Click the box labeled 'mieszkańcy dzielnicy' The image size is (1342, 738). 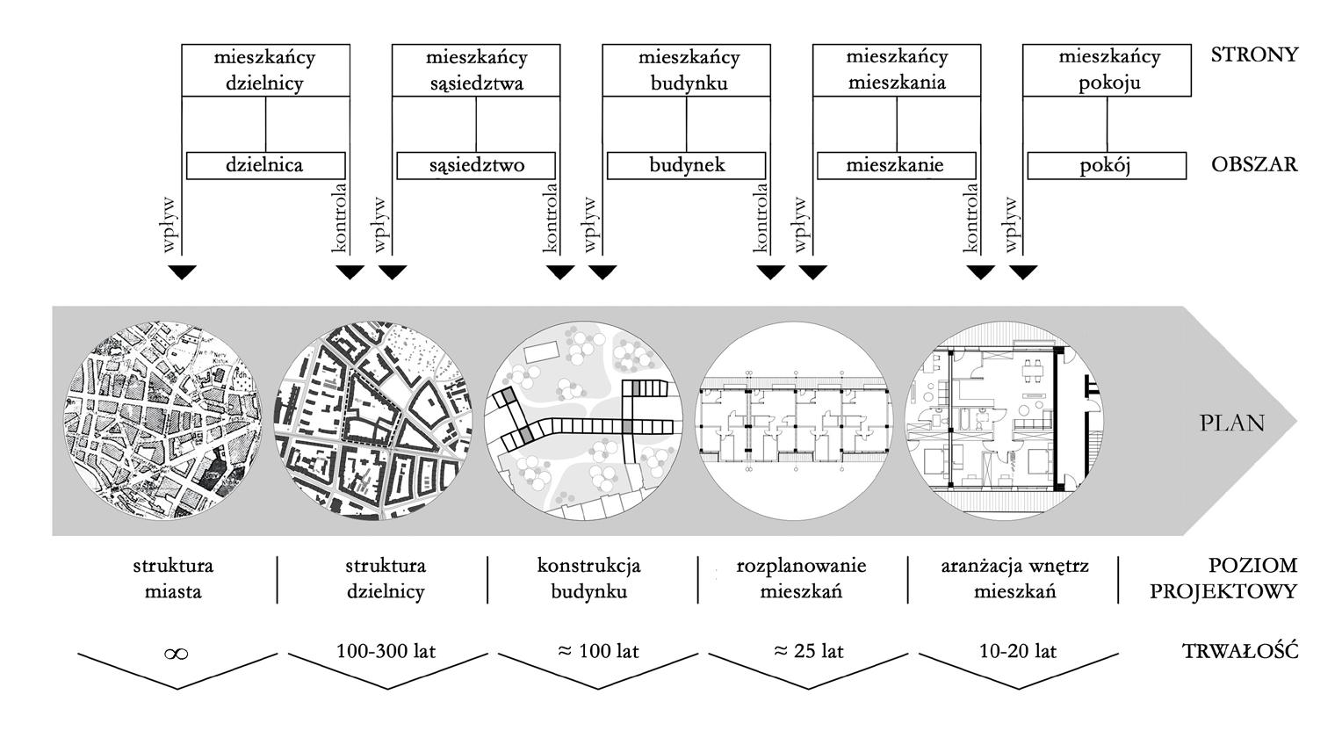pos(264,70)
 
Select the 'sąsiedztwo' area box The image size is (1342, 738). pos(477,165)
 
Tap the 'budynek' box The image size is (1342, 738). pos(687,165)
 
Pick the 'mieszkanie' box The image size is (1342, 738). pos(897,165)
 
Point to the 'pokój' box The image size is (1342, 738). pos(1107,165)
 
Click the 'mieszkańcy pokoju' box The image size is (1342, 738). pos(1108,70)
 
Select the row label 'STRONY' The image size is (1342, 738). pos(1253,54)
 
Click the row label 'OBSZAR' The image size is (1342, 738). pos(1253,165)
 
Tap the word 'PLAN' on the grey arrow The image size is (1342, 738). pos(1232,423)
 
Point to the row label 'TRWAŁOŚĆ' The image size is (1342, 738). pos(1239,651)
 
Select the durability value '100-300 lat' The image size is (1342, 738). pos(386,651)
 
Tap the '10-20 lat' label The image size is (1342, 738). pos(1019,651)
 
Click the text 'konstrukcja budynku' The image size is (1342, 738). pos(589,578)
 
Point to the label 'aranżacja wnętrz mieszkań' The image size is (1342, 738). pos(1014,578)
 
